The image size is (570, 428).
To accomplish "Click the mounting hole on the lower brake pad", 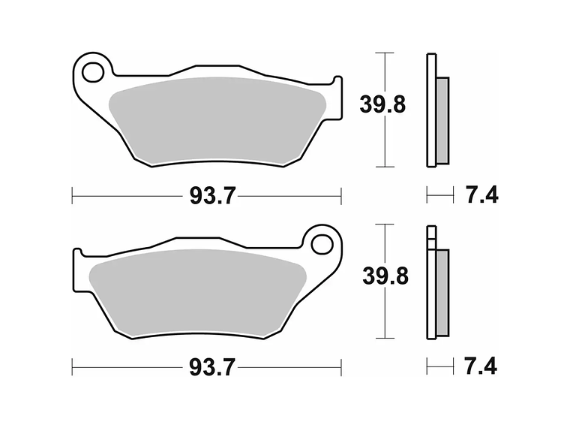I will tap(322, 244).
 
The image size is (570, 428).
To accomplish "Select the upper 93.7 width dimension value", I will tap(212, 196).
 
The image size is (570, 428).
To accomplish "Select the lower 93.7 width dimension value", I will tap(212, 367).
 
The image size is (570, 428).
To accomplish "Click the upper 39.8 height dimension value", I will tap(382, 105).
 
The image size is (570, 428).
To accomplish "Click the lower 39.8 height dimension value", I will tap(385, 276).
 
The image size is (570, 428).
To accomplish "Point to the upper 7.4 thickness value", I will tap(481, 196).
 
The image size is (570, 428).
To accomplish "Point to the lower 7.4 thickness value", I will tap(481, 367).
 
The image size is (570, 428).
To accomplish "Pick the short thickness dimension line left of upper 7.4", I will tap(440, 196).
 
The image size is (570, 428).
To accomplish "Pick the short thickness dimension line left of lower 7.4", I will tap(440, 367).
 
